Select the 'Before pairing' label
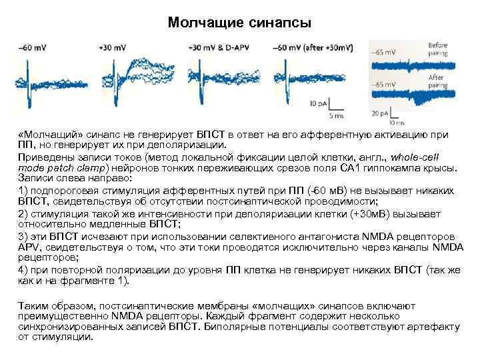pos(438,49)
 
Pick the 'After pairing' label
pos(438,82)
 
